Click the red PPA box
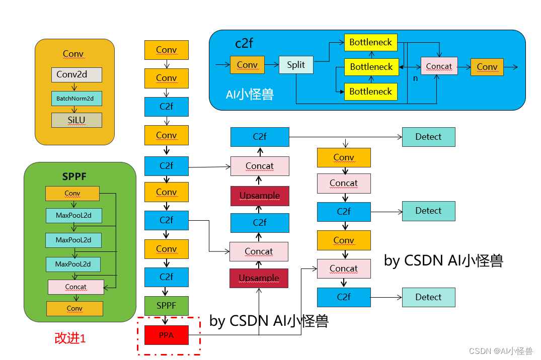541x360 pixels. click(x=166, y=335)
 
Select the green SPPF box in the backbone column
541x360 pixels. click(x=166, y=306)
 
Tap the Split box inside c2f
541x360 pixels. click(x=296, y=65)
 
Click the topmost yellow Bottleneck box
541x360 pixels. click(x=370, y=43)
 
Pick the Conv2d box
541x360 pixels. click(x=76, y=74)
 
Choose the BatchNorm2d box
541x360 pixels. click(x=76, y=98)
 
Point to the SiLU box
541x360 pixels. click(x=76, y=120)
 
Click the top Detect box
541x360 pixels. click(x=428, y=137)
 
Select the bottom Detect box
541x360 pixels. click(x=428, y=297)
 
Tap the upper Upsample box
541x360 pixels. click(x=260, y=196)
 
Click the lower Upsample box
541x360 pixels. click(x=259, y=278)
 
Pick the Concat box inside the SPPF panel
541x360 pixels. click(x=75, y=287)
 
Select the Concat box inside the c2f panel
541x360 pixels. click(x=439, y=66)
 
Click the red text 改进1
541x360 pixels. click(x=70, y=338)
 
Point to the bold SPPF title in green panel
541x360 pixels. click(x=75, y=177)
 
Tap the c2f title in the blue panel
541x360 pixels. click(x=244, y=43)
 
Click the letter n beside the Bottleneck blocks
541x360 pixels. click(x=415, y=78)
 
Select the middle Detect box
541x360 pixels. click(x=428, y=211)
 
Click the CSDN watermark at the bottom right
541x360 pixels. click(x=500, y=351)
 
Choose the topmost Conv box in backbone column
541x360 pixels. click(x=166, y=50)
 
